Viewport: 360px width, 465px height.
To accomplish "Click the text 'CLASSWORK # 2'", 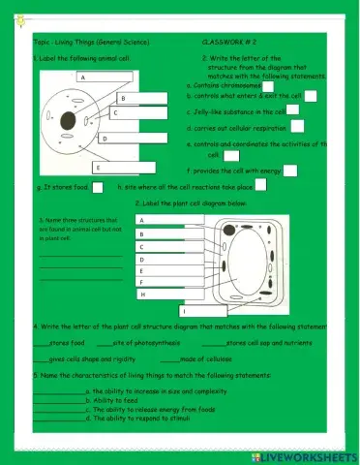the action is pos(228,44).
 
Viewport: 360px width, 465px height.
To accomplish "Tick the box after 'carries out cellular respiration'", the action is pos(297,125).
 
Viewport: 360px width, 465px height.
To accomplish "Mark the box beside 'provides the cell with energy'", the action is pos(289,170).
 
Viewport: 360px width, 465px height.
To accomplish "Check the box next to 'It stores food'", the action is pos(97,186).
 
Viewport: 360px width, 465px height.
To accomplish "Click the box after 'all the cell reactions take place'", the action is pos(260,185).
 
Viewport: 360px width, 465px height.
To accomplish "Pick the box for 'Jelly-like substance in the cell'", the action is pos(294,110).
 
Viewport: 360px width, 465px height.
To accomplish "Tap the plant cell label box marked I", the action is pos(202,312).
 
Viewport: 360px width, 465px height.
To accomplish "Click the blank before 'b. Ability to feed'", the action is pos(58,399).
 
